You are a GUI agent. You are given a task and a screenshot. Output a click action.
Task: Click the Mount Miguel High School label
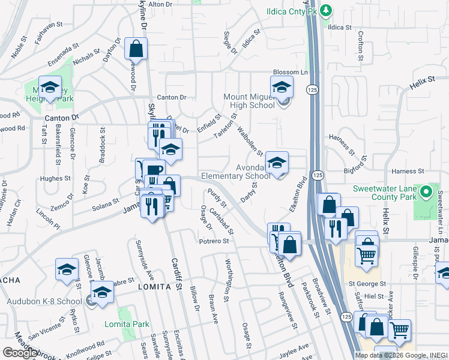point(247,101)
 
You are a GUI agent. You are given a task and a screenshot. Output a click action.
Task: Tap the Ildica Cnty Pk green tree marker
point(325,10)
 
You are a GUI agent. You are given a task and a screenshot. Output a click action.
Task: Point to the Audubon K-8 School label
point(44,301)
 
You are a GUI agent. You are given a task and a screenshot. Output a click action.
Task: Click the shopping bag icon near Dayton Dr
point(136,50)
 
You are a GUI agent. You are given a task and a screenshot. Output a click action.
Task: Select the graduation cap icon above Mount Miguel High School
point(281,88)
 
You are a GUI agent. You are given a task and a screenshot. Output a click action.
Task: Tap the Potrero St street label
point(214,241)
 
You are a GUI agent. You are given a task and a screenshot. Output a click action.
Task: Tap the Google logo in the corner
point(20,353)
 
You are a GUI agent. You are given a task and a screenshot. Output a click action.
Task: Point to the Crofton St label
point(361,46)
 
